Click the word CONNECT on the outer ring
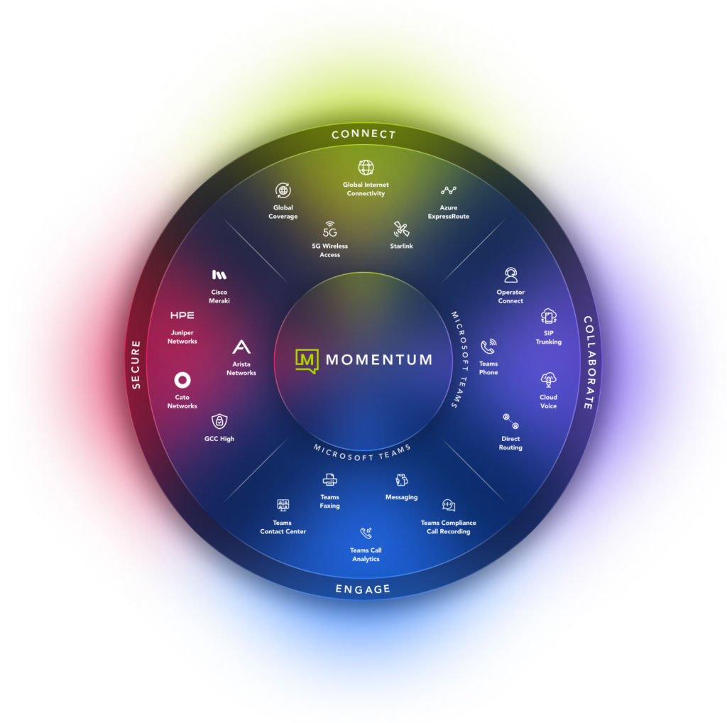(363, 134)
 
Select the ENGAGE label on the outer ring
(363, 589)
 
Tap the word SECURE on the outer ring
(136, 364)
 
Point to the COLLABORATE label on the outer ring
(589, 362)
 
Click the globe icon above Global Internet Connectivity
(366, 168)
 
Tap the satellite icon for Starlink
(401, 229)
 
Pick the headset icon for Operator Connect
(510, 276)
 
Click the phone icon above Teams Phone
(488, 347)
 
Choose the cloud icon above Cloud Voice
(548, 379)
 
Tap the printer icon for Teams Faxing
(329, 479)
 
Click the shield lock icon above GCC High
(219, 421)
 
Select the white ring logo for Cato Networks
(182, 379)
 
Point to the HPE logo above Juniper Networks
(182, 315)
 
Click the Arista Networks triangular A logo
(241, 347)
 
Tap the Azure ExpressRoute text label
(449, 212)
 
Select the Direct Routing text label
(510, 443)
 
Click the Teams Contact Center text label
(283, 527)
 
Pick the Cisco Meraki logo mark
(219, 274)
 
